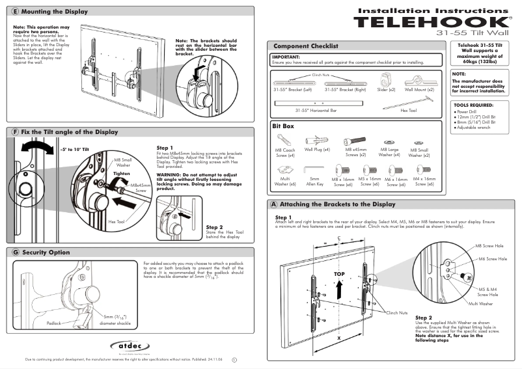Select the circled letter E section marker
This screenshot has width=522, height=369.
click(x=15, y=12)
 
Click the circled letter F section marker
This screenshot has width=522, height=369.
click(x=15, y=132)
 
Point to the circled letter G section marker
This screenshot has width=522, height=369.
click(x=15, y=252)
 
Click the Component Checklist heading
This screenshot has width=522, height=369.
click(x=305, y=46)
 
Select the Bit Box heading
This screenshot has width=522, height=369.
click(x=284, y=126)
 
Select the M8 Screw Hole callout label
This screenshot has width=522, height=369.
click(x=489, y=247)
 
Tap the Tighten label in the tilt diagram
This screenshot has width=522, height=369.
click(x=122, y=174)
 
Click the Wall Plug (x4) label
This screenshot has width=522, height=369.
click(x=317, y=150)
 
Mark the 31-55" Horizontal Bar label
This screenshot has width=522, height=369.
click(x=316, y=111)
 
